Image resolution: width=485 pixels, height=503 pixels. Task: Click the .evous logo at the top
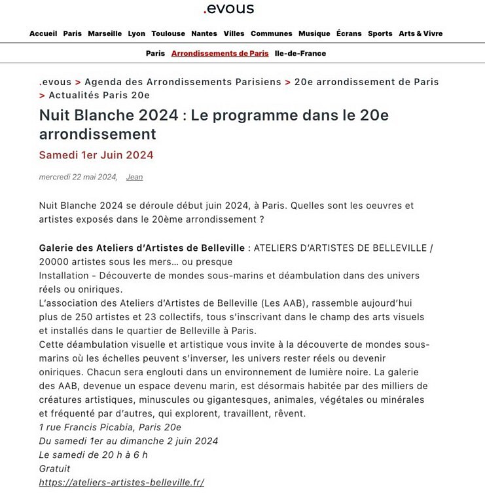[x=228, y=9]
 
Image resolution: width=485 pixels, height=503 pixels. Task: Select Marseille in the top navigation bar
[x=105, y=33]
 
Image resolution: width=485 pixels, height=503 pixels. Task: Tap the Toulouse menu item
[x=168, y=33]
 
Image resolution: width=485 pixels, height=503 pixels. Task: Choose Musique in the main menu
[x=314, y=33]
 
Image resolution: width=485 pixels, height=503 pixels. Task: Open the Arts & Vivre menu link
[x=420, y=33]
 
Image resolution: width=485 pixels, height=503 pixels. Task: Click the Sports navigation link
[x=380, y=33]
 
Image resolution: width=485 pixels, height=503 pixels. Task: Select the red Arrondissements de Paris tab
[x=220, y=53]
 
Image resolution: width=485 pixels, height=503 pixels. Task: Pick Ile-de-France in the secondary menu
[x=300, y=53]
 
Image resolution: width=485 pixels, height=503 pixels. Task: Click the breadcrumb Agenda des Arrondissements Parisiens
[x=183, y=82]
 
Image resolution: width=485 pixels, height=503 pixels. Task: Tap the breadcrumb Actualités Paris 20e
[x=99, y=96]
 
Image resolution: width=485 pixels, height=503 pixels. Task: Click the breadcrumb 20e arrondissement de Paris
[x=367, y=82]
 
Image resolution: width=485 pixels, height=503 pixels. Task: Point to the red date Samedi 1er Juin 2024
[x=96, y=155]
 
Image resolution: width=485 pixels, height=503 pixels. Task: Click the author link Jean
[x=134, y=177]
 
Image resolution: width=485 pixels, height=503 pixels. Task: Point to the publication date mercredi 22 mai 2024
[x=78, y=177]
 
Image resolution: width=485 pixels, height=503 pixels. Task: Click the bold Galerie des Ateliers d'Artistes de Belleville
[x=142, y=248]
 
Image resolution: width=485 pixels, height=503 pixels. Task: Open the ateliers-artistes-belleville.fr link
[x=122, y=483]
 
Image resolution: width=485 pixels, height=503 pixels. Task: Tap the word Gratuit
[x=54, y=469]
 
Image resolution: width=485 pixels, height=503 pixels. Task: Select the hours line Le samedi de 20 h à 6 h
[x=94, y=455]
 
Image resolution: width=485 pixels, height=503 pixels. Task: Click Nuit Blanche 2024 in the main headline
[x=109, y=115]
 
